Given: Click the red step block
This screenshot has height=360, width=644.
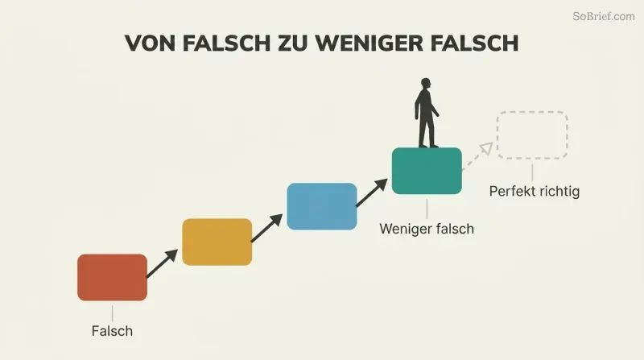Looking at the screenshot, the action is click(112, 277).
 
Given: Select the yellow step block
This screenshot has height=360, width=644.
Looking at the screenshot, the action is click(217, 242).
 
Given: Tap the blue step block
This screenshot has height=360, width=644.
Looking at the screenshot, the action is click(321, 206).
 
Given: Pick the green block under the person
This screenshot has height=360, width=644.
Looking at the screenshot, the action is click(427, 171).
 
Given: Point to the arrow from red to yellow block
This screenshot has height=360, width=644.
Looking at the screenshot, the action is click(163, 263).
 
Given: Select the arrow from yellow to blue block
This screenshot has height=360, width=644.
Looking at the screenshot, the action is click(267, 228).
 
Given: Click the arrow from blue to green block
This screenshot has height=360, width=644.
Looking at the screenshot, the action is click(372, 192).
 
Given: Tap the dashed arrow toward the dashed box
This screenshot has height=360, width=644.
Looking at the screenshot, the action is click(477, 156).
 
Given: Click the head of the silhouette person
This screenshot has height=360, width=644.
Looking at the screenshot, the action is click(426, 83).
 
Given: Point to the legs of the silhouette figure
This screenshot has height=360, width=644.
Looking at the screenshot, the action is click(427, 131).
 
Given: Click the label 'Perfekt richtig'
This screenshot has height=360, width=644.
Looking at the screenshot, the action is click(535, 192).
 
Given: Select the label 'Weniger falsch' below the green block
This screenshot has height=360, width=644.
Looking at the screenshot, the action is click(427, 229).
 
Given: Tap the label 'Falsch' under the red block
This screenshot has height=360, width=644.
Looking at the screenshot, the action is click(112, 331).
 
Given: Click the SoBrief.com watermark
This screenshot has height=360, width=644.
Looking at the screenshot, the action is click(604, 16).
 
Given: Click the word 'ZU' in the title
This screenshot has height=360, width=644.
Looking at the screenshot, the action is click(293, 43).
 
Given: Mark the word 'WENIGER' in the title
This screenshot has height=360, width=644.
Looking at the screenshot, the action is click(369, 43).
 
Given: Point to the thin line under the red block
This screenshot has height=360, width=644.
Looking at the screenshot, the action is click(112, 313).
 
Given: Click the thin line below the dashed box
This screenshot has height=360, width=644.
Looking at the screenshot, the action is click(532, 172).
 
